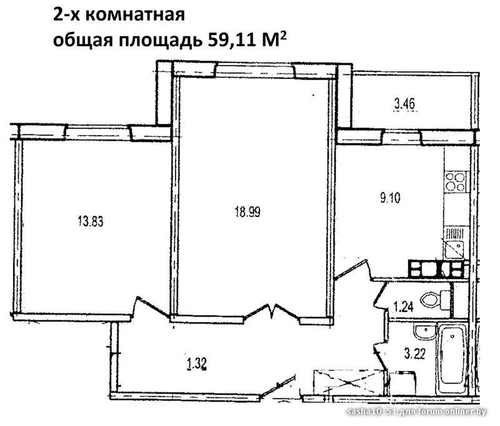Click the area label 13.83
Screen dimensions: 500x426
(91, 221)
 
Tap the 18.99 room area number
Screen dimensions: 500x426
(247, 211)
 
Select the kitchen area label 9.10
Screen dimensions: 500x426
(390, 198)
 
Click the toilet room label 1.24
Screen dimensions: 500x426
(403, 307)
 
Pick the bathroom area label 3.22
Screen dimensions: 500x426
(414, 354)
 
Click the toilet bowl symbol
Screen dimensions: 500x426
(435, 300)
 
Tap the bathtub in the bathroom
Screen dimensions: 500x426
(452, 360)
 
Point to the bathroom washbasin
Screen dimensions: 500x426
(424, 333)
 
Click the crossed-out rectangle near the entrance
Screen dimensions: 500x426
(348, 382)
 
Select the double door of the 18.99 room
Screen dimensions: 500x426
(272, 312)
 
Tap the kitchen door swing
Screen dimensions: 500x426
(354, 270)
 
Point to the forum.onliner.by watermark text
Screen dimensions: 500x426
(453, 412)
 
